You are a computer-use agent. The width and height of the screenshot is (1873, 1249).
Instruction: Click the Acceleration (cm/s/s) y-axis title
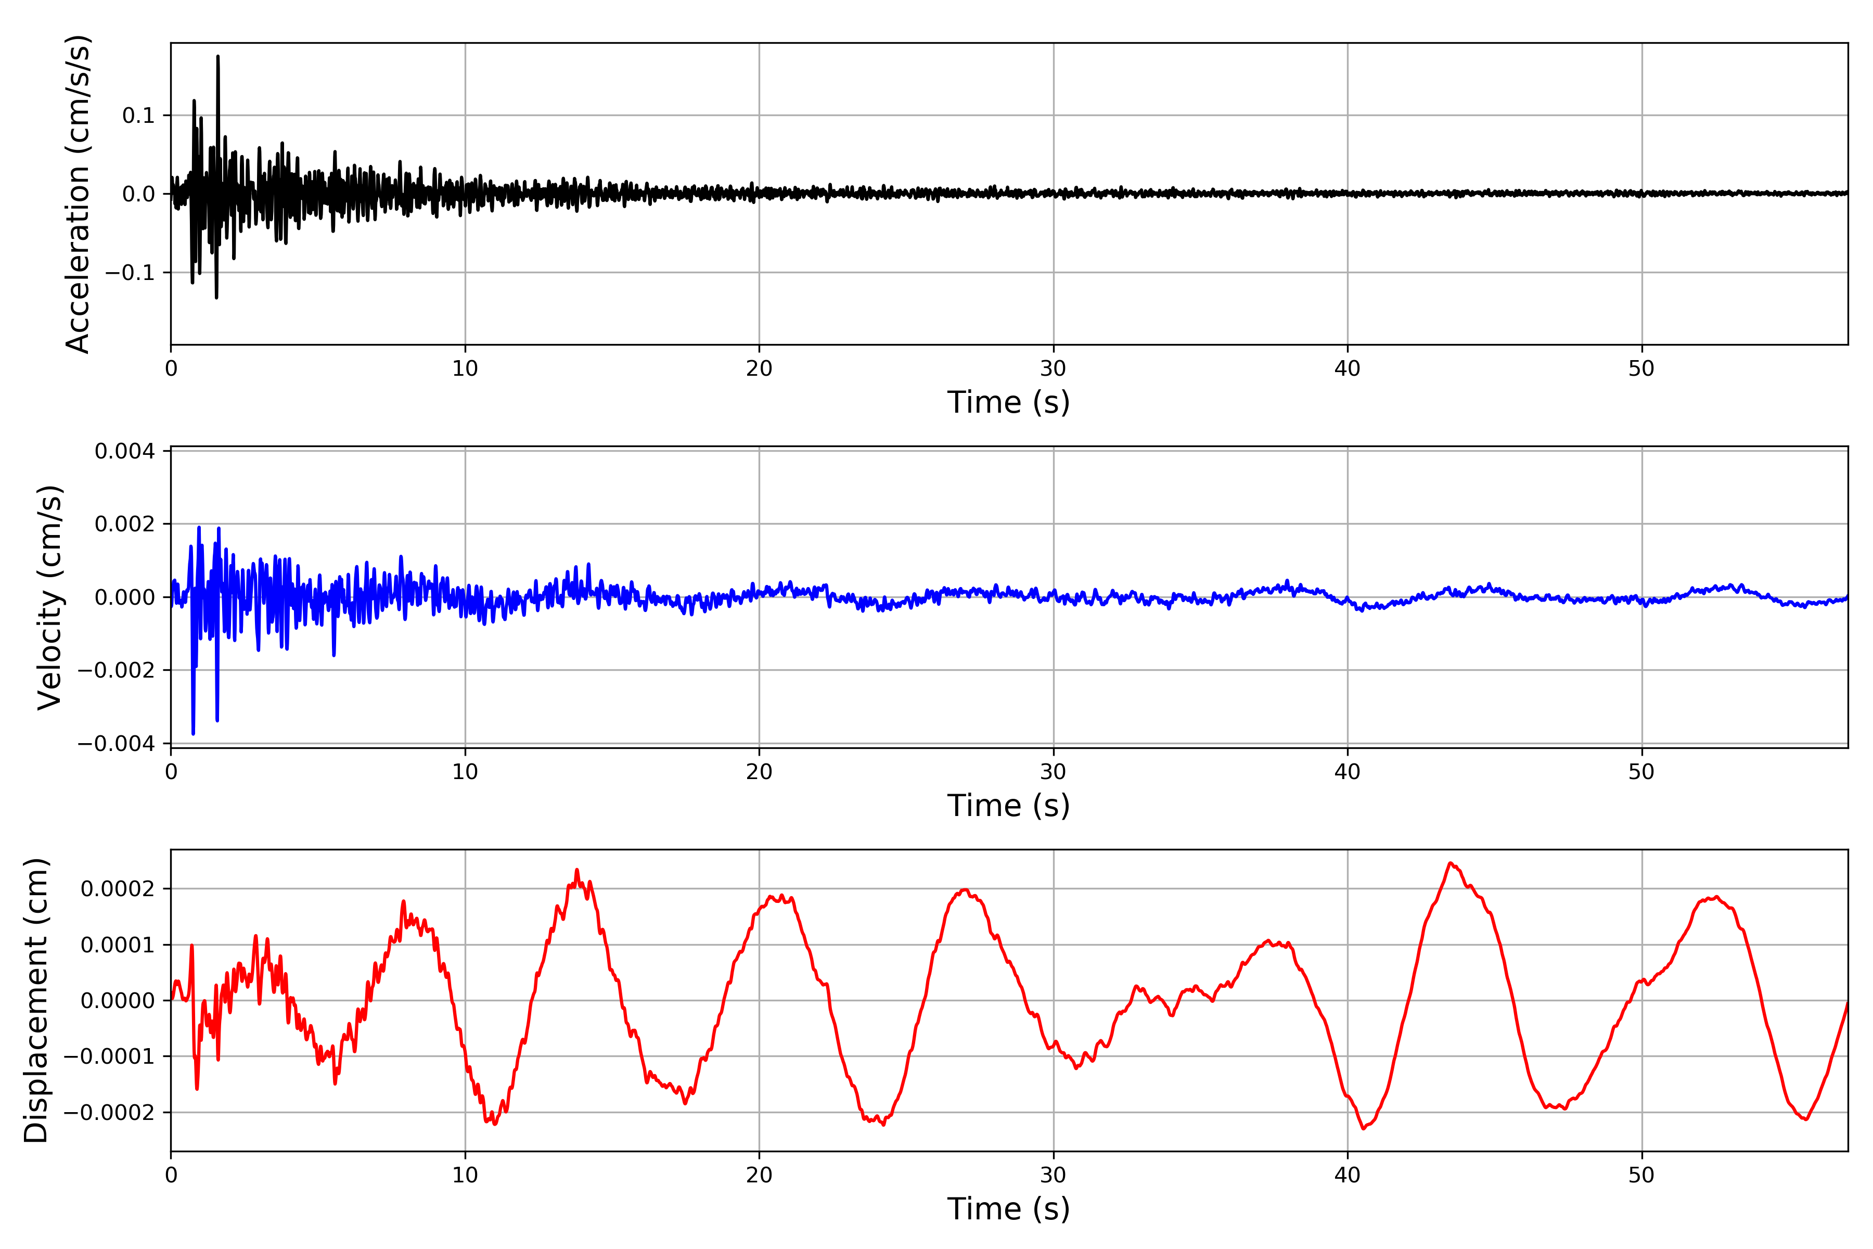(78, 194)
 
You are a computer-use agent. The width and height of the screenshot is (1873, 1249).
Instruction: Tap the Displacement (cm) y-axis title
(36, 1000)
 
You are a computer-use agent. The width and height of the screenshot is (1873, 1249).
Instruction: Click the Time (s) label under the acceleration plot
(1008, 402)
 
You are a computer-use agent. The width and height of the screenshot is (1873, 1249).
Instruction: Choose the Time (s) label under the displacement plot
(1008, 1208)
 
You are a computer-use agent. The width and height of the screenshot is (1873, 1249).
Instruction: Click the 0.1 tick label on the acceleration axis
(138, 116)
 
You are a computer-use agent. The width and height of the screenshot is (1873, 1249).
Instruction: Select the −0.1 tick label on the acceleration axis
(130, 272)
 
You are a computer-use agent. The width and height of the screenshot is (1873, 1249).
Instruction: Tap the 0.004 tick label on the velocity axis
(124, 452)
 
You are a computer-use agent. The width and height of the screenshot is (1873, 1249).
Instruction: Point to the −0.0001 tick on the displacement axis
(109, 1057)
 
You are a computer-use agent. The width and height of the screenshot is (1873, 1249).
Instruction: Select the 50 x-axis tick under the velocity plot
(1641, 772)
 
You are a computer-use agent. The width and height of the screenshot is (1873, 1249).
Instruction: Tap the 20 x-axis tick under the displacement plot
(759, 1175)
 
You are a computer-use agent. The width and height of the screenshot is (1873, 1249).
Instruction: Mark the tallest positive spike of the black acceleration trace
(218, 57)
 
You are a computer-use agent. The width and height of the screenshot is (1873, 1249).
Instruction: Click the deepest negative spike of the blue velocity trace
(193, 733)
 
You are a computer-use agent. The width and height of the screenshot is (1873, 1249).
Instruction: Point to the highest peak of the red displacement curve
(1450, 863)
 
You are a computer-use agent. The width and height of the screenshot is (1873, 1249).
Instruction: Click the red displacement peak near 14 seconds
(576, 870)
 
